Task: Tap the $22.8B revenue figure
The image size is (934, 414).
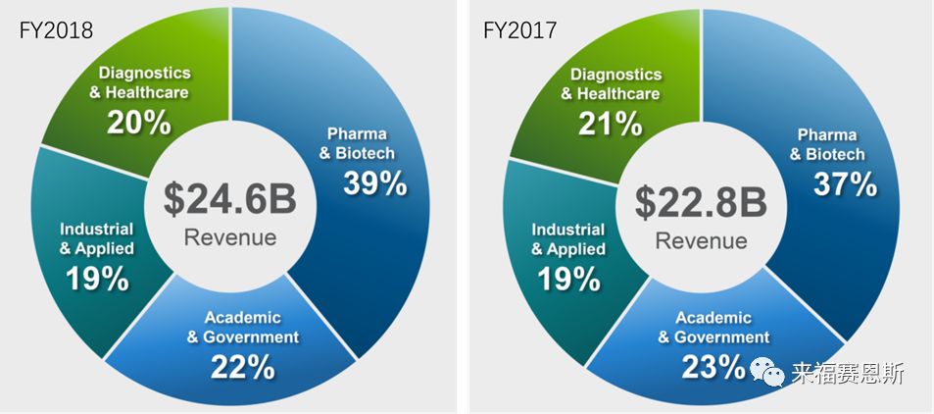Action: [700, 201]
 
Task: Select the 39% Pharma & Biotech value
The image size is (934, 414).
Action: [375, 184]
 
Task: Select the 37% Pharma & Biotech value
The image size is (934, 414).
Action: [845, 184]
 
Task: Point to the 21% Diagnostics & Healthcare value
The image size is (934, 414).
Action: [612, 123]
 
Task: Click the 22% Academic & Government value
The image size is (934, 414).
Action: [241, 366]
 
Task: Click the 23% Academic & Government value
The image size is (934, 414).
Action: [714, 366]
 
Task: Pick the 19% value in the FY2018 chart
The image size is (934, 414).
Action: [97, 279]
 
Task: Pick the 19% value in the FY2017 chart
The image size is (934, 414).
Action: [567, 279]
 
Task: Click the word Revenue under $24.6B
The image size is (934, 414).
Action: [231, 237]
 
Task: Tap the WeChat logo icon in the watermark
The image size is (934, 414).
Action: [767, 372]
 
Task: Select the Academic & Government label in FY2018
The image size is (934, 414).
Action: [242, 327]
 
